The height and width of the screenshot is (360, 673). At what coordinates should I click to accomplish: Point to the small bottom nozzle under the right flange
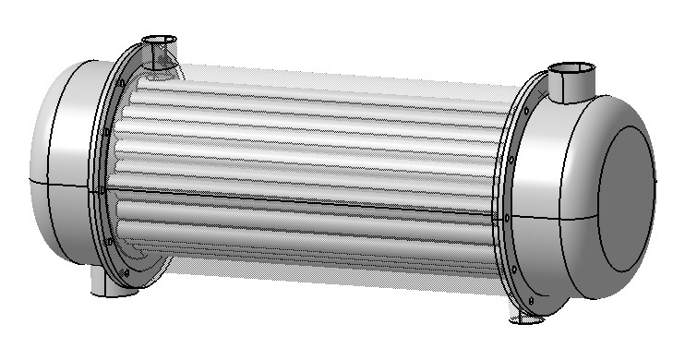[x=527, y=318]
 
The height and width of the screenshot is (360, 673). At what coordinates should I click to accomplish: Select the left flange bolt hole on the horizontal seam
[x=100, y=191]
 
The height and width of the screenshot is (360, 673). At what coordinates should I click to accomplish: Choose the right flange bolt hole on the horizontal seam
[x=506, y=219]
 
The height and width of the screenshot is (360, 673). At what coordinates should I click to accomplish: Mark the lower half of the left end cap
[x=65, y=231]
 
